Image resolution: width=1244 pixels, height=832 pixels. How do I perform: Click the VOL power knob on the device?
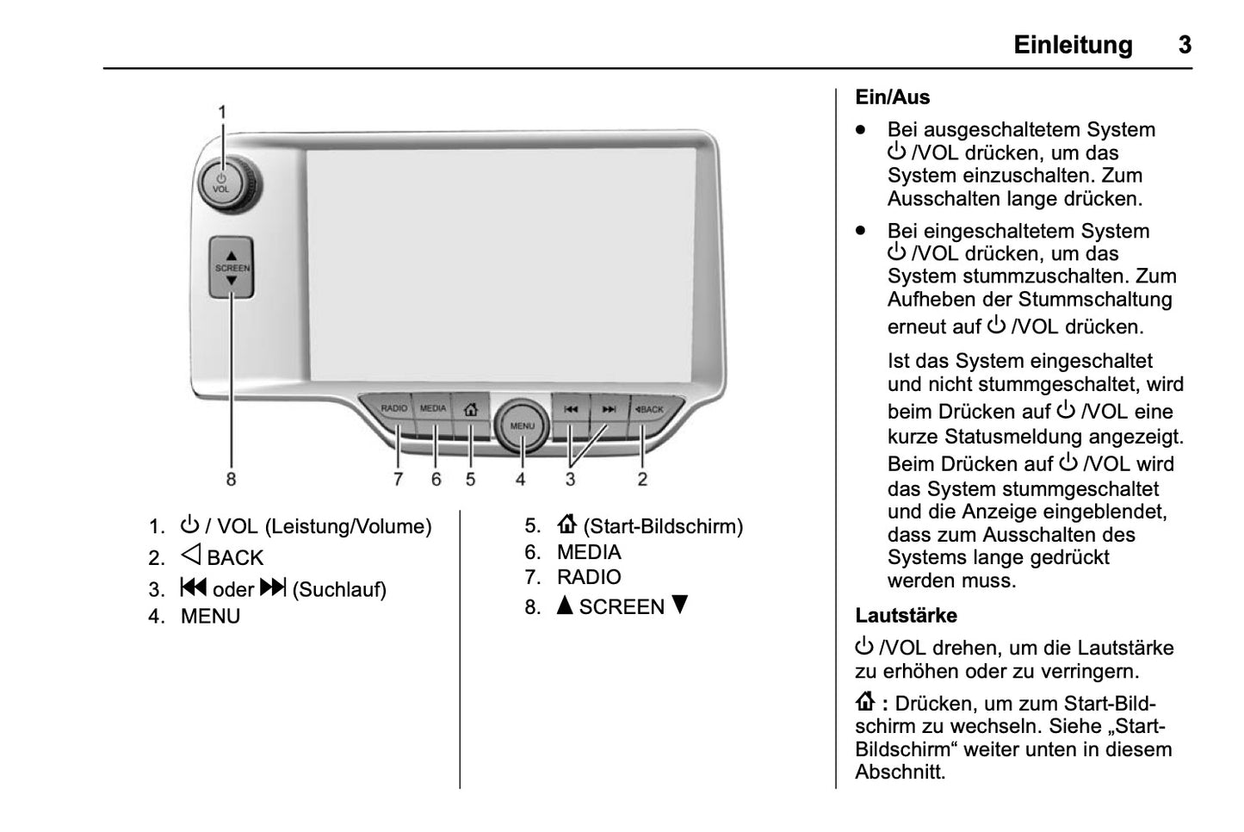[222, 183]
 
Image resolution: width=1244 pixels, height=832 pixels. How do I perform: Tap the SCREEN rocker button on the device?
[232, 268]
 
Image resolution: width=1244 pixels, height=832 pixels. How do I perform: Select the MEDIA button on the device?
[433, 409]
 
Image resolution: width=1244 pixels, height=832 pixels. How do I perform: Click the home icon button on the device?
[470, 409]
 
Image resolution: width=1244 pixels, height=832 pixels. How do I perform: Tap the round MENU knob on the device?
[522, 425]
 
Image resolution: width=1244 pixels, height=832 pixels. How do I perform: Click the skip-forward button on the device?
[609, 409]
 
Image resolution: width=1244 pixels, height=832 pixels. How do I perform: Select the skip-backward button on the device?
[571, 409]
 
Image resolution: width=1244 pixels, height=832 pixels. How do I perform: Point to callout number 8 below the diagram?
[231, 479]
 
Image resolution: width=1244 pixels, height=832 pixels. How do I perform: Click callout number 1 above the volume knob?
[222, 112]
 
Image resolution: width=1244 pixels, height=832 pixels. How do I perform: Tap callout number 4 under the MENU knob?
[520, 479]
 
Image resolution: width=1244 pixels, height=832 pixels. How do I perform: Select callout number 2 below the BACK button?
[642, 479]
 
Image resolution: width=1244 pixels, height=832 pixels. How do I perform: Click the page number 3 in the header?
[1185, 45]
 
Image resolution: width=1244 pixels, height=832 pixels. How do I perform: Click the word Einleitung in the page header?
[1073, 45]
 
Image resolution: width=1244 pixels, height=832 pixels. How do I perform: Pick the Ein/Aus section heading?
[893, 97]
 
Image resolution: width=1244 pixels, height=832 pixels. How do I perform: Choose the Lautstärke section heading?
[906, 616]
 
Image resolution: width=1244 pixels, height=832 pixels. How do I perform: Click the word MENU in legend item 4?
[210, 617]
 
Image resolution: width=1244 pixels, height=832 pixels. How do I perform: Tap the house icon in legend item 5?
[566, 525]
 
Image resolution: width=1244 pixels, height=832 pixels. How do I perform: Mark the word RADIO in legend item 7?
[589, 577]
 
